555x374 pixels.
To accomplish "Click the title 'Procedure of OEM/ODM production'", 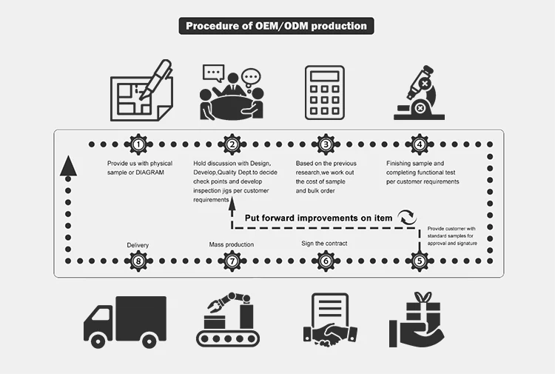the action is (276, 26).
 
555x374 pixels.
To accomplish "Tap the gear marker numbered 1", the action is (138, 145).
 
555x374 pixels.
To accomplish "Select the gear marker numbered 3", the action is (325, 145).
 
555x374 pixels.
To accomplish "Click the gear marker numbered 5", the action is (419, 260).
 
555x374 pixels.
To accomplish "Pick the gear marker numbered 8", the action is (138, 260).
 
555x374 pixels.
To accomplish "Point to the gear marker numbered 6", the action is (325, 260).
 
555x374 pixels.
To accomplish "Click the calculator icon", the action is (324, 93).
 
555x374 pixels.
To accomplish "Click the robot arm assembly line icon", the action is (231, 320).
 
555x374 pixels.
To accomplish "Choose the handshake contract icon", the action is (326, 320).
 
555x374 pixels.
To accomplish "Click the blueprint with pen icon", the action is (141, 93).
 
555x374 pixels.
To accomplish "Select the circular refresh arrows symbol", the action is (406, 218).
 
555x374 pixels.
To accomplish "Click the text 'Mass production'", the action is (232, 244).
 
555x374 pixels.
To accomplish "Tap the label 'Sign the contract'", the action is (324, 243).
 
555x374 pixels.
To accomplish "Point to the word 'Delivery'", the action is (138, 244).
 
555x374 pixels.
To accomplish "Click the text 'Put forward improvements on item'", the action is (318, 218).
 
